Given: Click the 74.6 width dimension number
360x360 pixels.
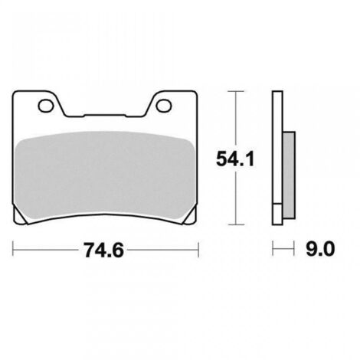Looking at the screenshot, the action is point(104,250).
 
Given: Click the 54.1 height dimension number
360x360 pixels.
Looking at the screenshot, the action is point(235,159).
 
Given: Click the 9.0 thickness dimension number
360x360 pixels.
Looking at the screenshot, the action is point(320,249).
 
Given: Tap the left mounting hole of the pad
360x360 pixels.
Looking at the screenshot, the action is point(46,106).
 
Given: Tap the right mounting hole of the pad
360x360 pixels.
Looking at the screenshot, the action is point(164,106).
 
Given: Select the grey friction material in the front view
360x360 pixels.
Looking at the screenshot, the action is point(105,176).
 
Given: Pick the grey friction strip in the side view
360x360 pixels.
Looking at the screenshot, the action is point(290,175).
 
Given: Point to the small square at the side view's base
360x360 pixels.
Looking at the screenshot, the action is point(277,214).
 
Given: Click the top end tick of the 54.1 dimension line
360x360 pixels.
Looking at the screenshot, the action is point(236,91).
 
